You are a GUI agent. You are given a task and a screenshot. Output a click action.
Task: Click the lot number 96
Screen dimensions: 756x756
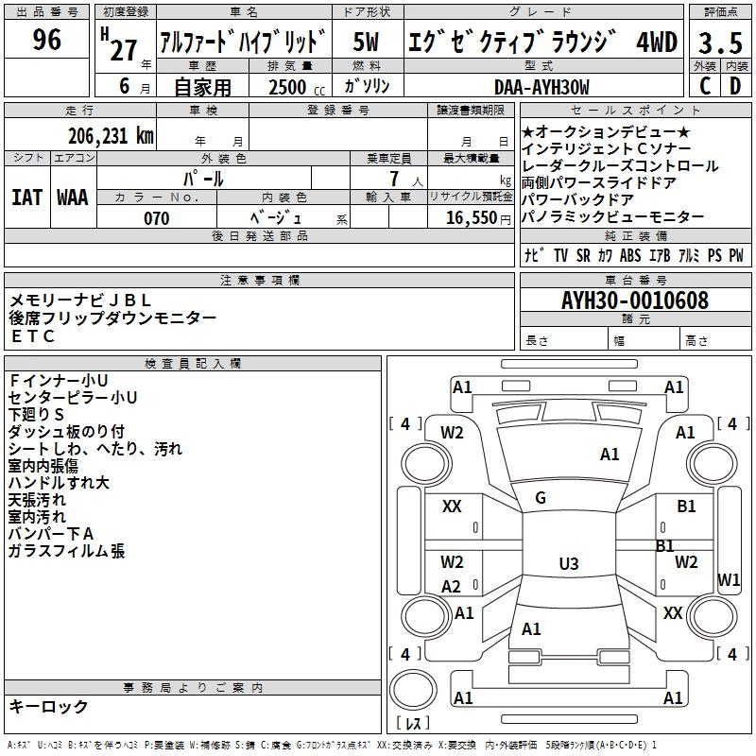(46, 39)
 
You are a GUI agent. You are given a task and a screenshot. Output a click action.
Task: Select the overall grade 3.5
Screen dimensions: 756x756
(720, 43)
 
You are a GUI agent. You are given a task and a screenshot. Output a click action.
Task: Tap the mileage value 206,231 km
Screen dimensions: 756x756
(111, 136)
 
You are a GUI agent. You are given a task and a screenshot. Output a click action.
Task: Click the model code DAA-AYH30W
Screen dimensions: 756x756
(541, 87)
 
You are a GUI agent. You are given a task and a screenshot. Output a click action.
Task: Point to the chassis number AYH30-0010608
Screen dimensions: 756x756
(635, 301)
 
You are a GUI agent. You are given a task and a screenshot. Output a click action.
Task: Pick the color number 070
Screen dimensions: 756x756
(157, 218)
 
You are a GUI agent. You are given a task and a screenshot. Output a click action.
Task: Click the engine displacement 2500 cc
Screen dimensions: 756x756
(297, 87)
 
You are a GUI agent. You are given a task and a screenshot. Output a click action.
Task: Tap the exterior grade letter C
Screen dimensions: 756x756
(704, 86)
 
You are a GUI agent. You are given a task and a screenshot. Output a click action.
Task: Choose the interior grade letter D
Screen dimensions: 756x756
(735, 86)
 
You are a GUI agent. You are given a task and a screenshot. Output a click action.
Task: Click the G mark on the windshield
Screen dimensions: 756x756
(541, 498)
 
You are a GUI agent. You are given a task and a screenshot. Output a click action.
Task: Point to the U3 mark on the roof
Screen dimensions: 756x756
(569, 563)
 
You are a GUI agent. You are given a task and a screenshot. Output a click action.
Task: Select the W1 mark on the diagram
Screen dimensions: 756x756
(729, 579)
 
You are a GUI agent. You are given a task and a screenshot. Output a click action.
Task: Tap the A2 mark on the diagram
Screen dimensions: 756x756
(452, 586)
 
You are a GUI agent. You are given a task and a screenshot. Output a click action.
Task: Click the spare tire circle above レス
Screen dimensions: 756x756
(413, 690)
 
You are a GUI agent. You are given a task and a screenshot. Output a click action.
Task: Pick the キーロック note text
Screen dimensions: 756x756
(48, 706)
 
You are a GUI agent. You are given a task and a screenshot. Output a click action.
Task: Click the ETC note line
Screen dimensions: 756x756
(33, 336)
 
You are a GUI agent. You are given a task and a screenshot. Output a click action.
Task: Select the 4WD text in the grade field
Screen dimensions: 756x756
(657, 42)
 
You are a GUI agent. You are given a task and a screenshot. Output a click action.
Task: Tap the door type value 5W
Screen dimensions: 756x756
(366, 42)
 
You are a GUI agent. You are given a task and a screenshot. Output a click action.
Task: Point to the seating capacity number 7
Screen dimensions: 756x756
(394, 179)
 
